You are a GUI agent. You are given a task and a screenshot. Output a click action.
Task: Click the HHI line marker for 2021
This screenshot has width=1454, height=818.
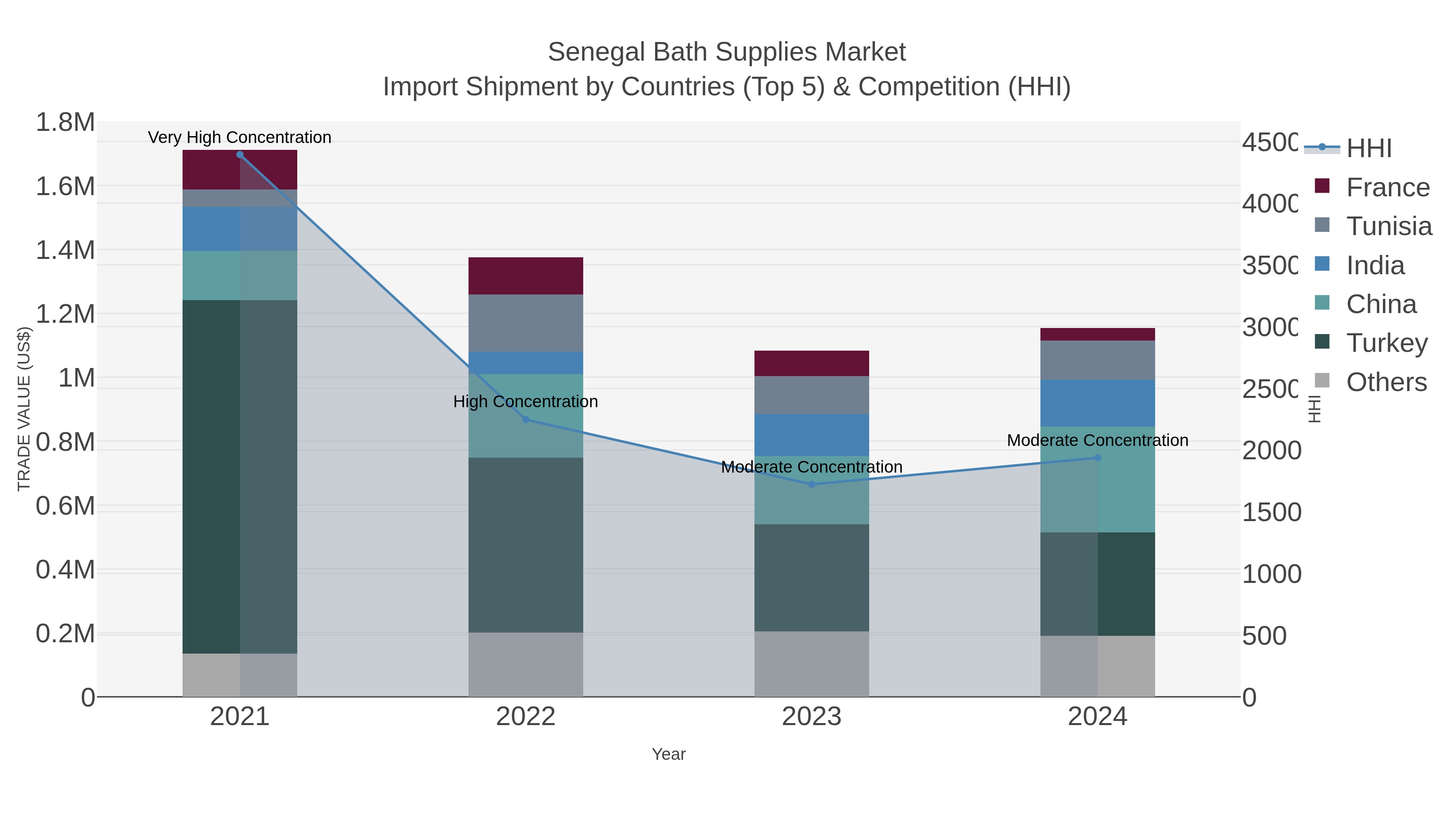point(240,155)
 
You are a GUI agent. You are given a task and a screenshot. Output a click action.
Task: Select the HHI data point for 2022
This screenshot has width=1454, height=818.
point(525,419)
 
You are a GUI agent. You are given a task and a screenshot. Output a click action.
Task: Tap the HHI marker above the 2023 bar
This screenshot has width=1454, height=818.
point(812,484)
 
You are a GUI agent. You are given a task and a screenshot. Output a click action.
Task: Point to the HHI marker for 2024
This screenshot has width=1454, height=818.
point(1098,458)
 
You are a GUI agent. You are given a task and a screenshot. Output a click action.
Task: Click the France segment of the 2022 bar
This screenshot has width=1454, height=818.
point(525,275)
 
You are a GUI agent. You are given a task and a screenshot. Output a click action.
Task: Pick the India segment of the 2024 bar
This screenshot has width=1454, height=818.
point(1098,403)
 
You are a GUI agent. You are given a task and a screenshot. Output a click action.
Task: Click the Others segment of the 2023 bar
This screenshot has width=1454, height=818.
point(812,664)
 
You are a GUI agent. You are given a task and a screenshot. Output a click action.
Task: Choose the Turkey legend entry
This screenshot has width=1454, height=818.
point(1386,343)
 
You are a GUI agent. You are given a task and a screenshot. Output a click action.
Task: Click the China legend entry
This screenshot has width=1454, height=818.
point(1380,304)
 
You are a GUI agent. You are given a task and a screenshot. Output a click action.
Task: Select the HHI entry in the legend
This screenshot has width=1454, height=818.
point(1368,149)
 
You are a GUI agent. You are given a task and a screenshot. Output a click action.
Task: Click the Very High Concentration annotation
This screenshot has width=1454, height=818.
point(240,137)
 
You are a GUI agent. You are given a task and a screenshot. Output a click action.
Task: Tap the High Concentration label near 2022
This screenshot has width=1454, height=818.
point(525,402)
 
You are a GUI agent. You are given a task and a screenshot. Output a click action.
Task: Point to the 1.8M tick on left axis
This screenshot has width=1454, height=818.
point(65,122)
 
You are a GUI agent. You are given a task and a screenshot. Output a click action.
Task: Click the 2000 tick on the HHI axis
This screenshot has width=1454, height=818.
point(1271,450)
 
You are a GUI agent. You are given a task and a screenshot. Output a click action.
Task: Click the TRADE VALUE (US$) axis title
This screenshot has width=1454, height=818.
point(24,409)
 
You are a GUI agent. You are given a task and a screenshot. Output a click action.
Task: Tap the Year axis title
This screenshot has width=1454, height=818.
point(668,754)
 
